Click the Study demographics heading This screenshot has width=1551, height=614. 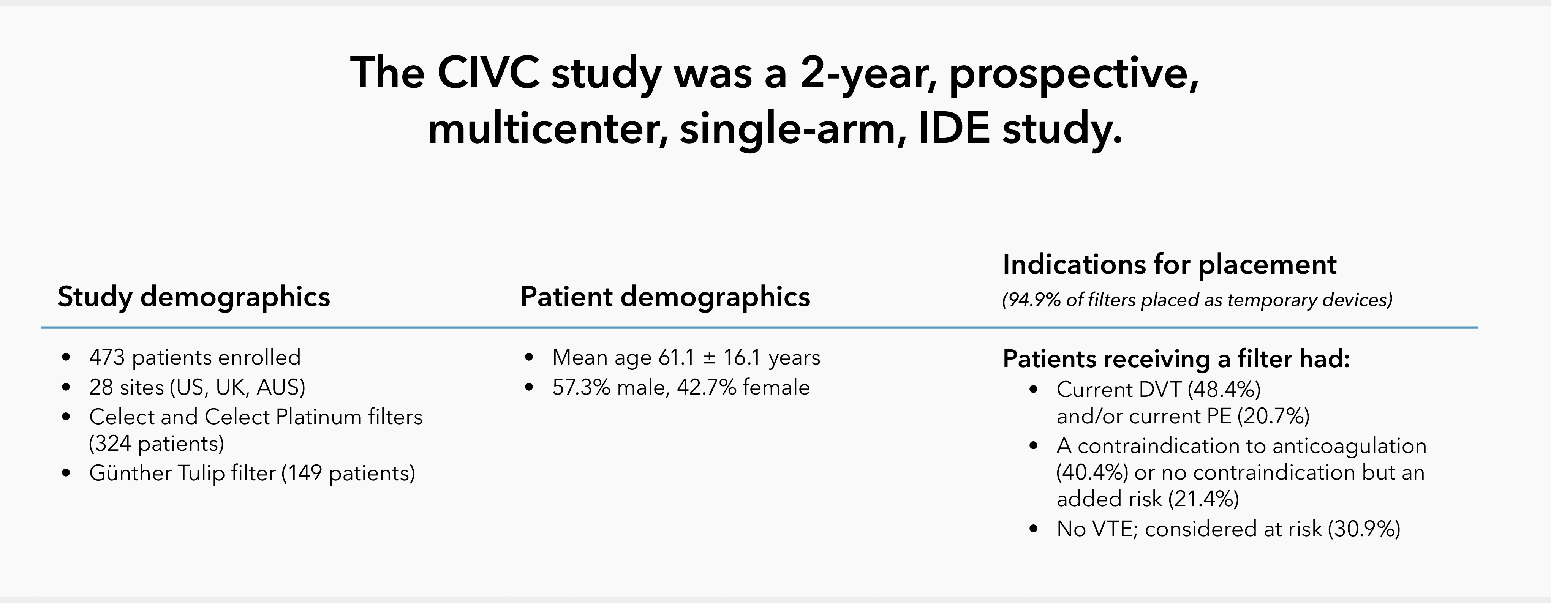194,297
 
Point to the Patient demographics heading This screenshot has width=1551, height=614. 665,297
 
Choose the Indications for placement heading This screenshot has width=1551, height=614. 1169,265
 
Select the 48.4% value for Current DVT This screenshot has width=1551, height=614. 1224,390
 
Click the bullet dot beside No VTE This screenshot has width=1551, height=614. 1034,529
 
